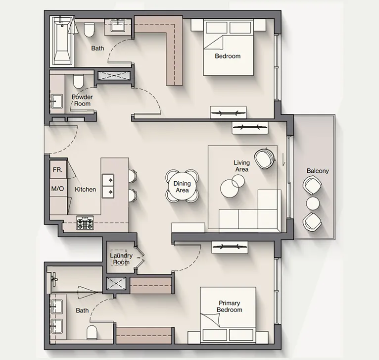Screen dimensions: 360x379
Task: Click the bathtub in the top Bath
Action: [62, 40]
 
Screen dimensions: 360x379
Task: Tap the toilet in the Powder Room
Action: [78, 80]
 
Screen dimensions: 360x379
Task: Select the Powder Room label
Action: [82, 100]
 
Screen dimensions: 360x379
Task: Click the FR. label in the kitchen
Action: [57, 170]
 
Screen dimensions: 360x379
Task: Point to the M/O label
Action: [58, 189]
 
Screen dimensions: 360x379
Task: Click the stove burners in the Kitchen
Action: [85, 223]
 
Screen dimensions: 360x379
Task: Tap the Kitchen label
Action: [85, 189]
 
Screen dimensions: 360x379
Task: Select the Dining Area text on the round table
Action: [182, 187]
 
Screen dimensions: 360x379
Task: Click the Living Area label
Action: [241, 166]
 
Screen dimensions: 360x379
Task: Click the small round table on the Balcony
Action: [313, 204]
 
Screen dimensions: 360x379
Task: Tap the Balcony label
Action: [318, 171]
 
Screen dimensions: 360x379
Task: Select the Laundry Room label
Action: [121, 258]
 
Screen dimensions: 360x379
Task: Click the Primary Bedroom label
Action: [229, 307]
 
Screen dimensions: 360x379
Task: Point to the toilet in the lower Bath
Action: [93, 331]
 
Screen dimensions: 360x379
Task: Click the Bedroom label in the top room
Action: [228, 56]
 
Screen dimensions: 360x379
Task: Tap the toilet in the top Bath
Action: [89, 31]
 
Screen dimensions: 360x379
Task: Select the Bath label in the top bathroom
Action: [97, 48]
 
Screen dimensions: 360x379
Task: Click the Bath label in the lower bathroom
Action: [82, 310]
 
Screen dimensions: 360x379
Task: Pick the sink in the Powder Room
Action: [55, 101]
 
